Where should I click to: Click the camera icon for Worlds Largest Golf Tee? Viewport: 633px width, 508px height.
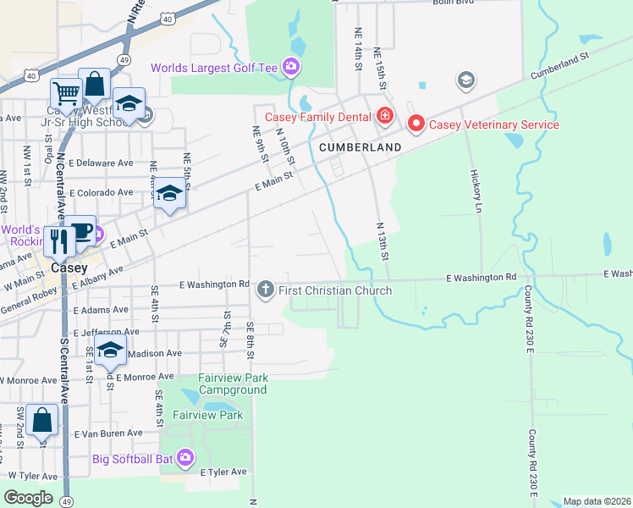pyautogui.click(x=291, y=66)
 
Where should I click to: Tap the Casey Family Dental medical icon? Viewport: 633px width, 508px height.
pyautogui.click(x=384, y=116)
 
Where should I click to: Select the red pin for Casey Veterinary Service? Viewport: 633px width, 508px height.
pyautogui.click(x=416, y=124)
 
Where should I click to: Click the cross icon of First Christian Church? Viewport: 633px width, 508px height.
pyautogui.click(x=265, y=290)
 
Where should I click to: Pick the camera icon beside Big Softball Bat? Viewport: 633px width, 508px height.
pyautogui.click(x=185, y=459)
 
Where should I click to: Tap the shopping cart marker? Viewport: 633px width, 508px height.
pyautogui.click(x=65, y=91)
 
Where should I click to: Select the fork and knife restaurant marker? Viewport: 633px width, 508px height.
pyautogui.click(x=59, y=240)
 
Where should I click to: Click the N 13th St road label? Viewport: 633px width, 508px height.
pyautogui.click(x=381, y=242)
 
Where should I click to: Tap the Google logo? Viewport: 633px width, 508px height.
pyautogui.click(x=29, y=497)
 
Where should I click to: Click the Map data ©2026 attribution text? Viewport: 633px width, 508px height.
pyautogui.click(x=596, y=501)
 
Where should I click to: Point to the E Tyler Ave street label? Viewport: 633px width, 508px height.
pyautogui.click(x=223, y=472)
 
